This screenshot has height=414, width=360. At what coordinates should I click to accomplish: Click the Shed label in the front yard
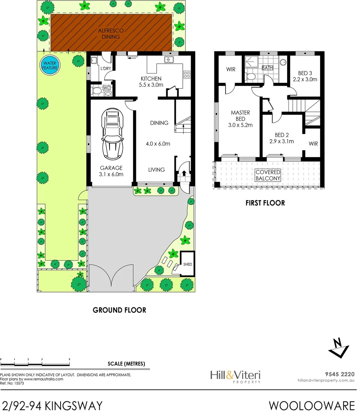pos(188,264)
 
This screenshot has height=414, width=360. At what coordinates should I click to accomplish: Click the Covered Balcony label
pos(268,176)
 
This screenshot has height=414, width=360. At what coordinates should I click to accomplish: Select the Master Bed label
pos(241,116)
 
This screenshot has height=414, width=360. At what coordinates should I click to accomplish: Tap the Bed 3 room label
pos(305,73)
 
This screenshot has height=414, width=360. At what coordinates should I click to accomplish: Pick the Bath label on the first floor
pos(267,68)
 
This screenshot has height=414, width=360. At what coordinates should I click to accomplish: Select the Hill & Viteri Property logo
pos(236,376)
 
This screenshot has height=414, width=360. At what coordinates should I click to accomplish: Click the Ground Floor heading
pos(119,310)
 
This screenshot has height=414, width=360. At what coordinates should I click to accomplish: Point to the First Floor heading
pos(265,203)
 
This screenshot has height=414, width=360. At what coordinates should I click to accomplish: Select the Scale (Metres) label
pos(126,364)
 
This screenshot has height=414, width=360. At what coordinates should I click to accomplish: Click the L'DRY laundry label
pos(105,69)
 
